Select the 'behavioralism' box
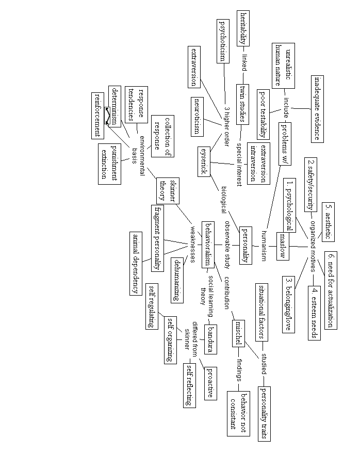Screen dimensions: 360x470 coord(208,245)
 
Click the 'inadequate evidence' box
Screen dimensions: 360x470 coord(319,108)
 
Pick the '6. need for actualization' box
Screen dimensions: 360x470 coord(332,290)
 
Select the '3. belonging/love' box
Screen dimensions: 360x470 coord(289,304)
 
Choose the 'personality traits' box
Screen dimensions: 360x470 coord(264,413)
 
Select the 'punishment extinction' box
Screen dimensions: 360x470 coord(109,163)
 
